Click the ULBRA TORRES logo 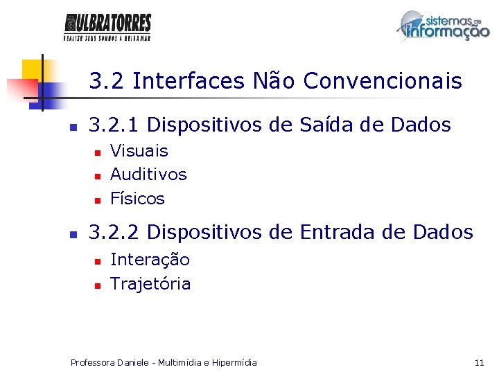click(107, 27)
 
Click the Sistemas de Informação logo click(443, 27)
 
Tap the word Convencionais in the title click(383, 82)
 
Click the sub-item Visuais click(139, 151)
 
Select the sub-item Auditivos click(148, 175)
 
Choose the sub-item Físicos click(137, 199)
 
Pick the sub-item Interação click(150, 260)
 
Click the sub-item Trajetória click(150, 284)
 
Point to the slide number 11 click(479, 362)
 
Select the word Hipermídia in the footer click(234, 362)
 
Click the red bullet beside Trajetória click(98, 285)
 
